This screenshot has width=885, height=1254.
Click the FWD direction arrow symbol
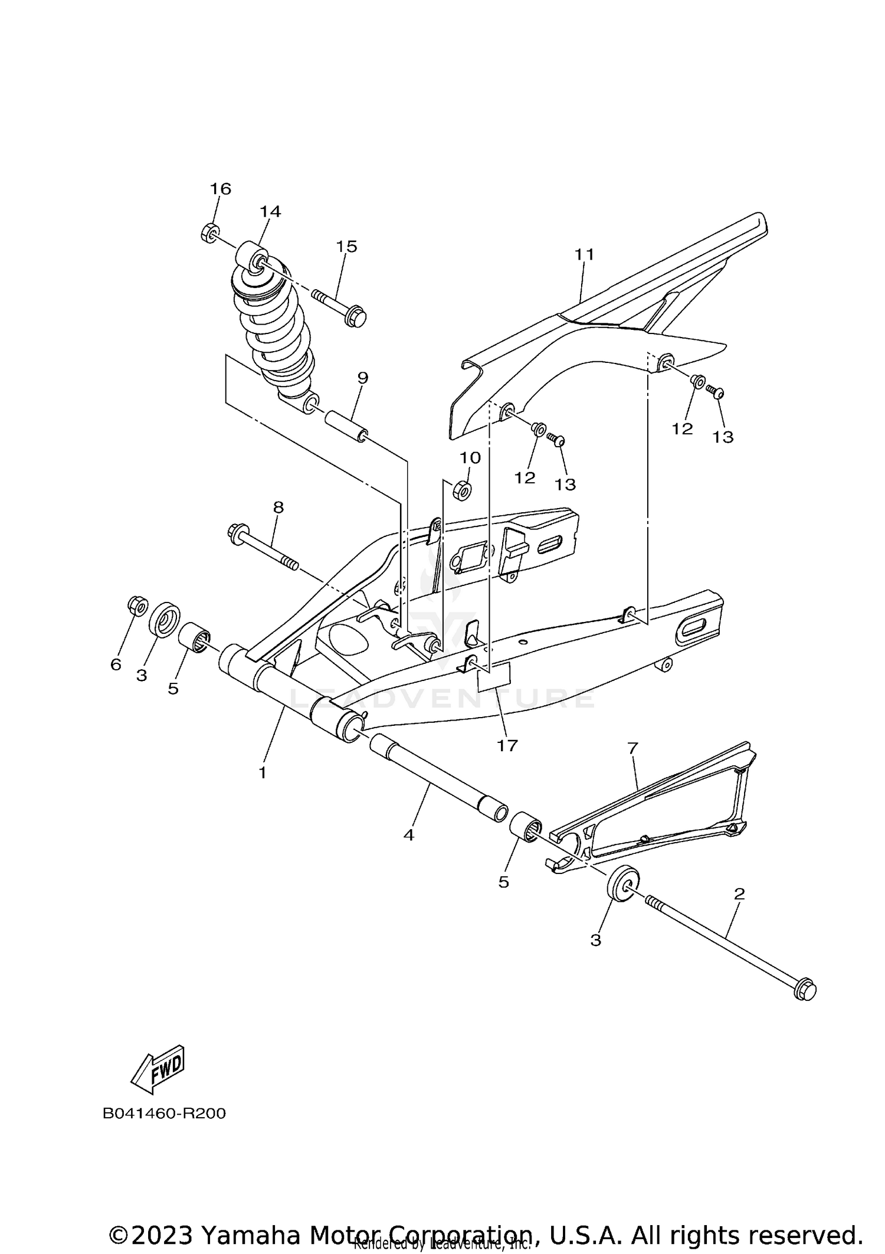(158, 1069)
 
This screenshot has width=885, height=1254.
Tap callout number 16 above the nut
(221, 189)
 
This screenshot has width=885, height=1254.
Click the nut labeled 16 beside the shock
(209, 233)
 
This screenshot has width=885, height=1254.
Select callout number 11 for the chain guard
(584, 254)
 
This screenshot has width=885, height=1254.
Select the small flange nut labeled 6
(137, 605)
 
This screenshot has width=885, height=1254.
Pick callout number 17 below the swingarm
(507, 745)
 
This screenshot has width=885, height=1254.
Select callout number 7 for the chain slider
(632, 748)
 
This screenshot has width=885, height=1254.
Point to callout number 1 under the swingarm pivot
(263, 772)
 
